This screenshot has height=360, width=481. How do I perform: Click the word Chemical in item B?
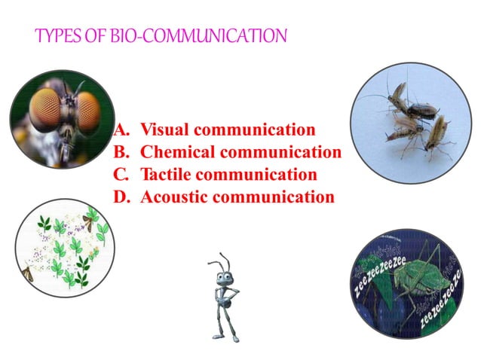pos(175,151)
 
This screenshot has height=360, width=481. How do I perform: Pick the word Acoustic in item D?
pos(175,197)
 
